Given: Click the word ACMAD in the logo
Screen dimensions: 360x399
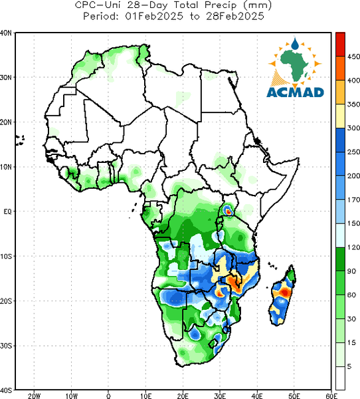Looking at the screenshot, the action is (295, 92).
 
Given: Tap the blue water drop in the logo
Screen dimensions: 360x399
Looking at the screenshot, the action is (295, 44).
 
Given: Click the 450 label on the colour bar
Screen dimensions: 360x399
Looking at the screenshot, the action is (353, 57).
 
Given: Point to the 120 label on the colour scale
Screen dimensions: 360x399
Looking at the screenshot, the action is (353, 247).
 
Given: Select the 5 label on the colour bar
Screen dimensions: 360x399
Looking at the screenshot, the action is (349, 366).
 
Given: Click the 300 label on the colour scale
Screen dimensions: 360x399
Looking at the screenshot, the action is (353, 128).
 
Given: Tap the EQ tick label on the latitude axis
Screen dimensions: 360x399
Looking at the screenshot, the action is (7, 211).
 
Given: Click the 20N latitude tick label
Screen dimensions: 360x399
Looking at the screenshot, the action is (6, 122).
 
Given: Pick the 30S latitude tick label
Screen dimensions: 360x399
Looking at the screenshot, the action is (6, 346).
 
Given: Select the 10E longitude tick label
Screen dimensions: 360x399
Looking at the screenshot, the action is (145, 396).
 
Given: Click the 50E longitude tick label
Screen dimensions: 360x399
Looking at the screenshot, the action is (294, 396).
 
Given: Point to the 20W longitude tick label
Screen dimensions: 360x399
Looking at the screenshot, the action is (34, 396).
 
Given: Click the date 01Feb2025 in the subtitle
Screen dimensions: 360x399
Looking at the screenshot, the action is (154, 17).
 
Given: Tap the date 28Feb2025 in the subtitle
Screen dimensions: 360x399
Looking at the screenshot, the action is (235, 17).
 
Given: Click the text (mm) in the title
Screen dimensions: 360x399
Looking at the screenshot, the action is (256, 5).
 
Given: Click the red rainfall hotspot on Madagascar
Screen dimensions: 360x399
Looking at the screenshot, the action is (285, 293).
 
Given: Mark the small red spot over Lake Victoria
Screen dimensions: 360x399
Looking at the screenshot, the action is (228, 211).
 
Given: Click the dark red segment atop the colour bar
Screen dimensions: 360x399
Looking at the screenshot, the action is (341, 45).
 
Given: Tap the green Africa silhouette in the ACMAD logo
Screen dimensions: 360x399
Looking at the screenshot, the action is (295, 65).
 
